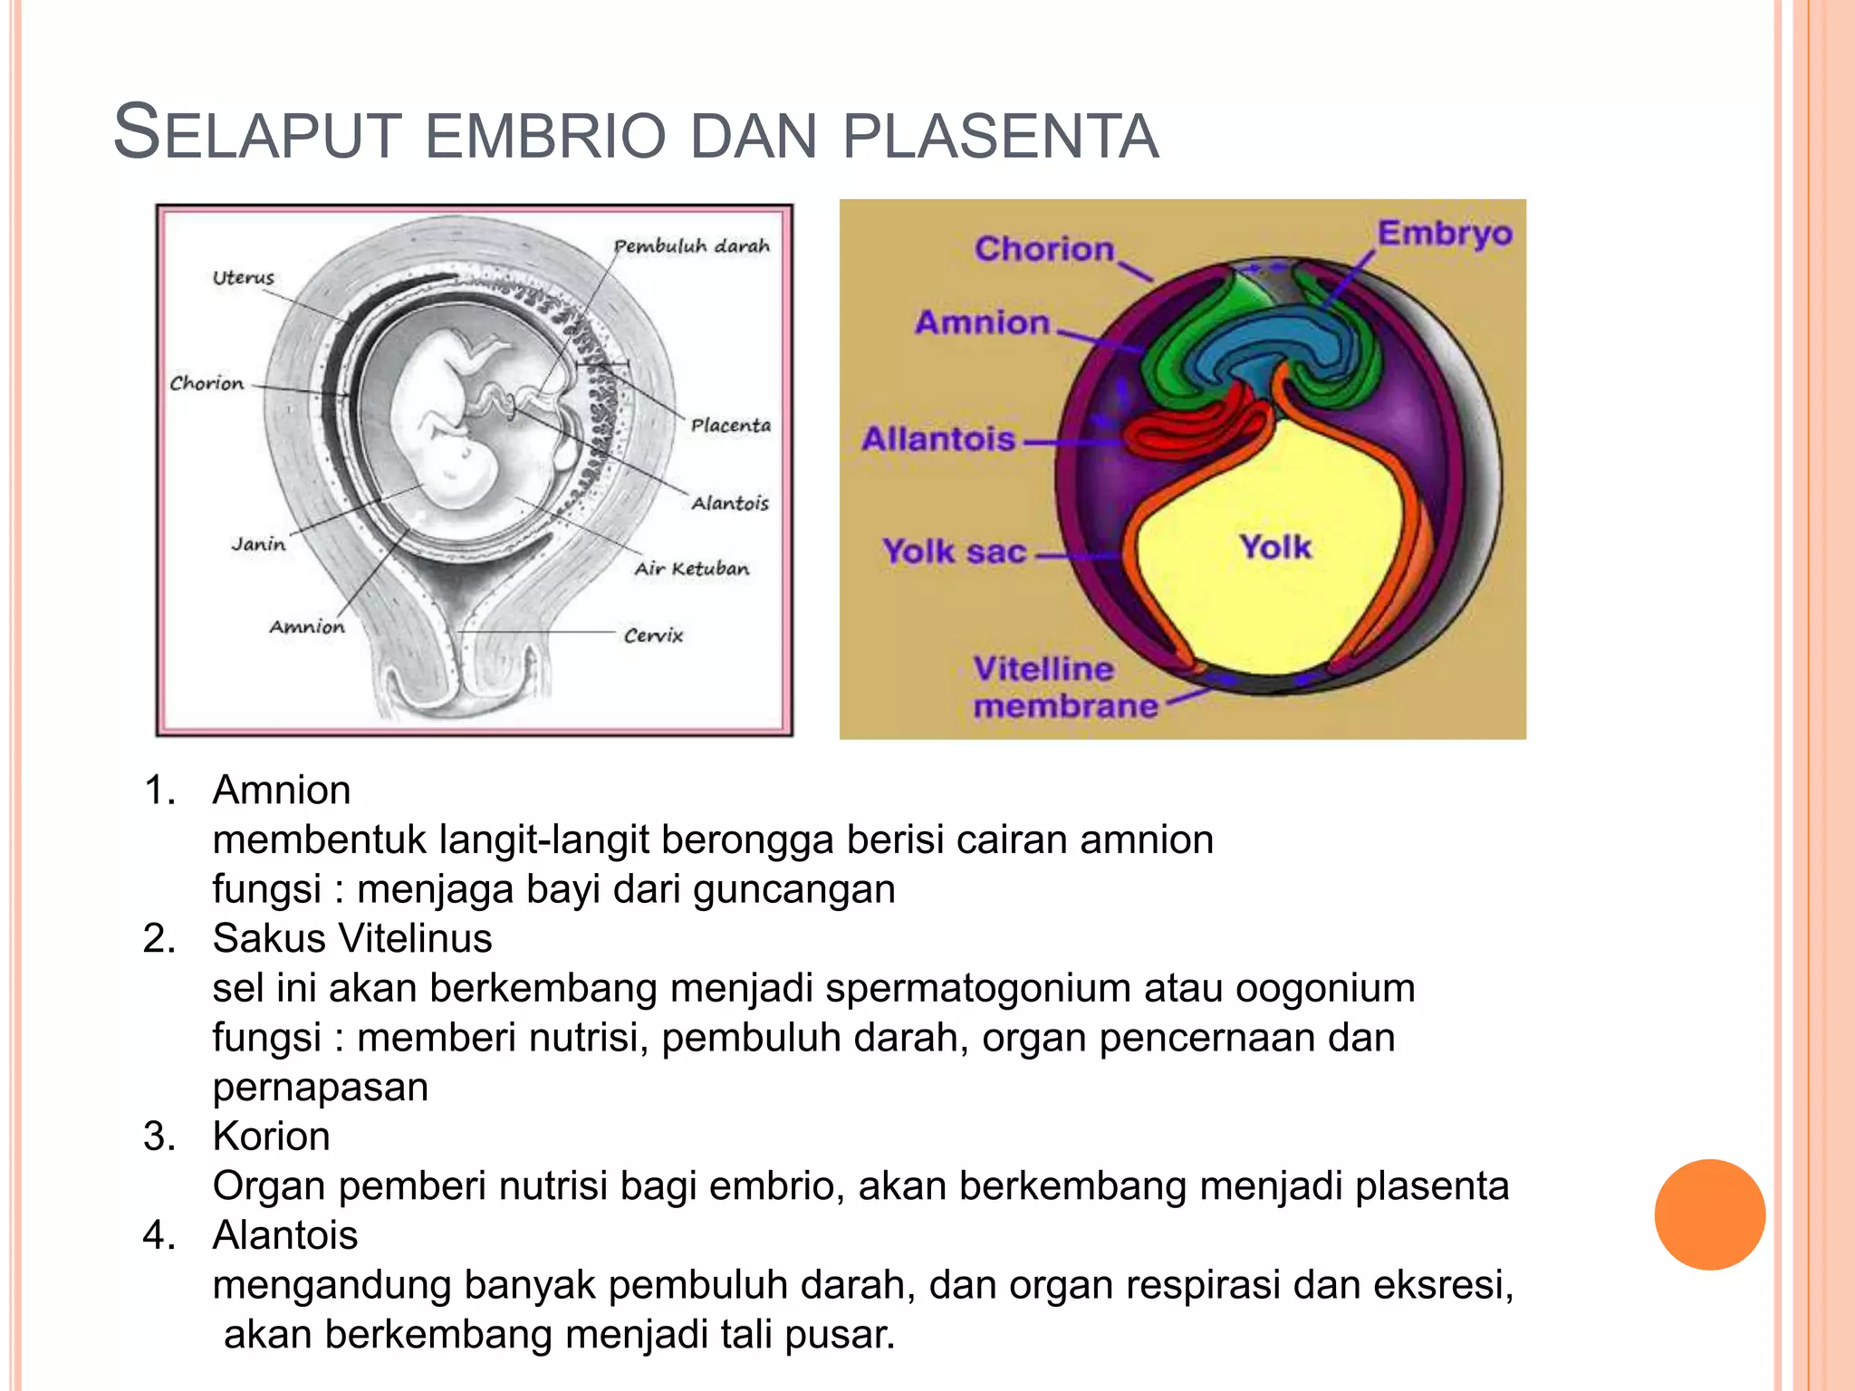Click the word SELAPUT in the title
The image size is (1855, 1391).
(x=256, y=134)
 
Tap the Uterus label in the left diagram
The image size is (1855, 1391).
(x=243, y=278)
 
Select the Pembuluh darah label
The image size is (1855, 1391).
(x=692, y=246)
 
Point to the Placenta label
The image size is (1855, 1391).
(x=730, y=426)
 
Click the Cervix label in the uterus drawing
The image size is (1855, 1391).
(x=653, y=636)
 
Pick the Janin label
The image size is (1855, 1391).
(x=258, y=544)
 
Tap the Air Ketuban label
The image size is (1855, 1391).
(x=692, y=569)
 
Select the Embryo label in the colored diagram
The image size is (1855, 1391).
(x=1445, y=234)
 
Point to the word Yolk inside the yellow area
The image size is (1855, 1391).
(x=1275, y=547)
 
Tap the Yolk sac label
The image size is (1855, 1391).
(x=955, y=552)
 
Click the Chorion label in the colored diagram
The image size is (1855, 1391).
(x=1043, y=249)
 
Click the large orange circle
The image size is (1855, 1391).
(x=1709, y=1214)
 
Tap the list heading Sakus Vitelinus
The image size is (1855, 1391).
(x=352, y=938)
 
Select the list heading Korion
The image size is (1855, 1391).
(x=271, y=1137)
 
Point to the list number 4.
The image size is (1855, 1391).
(x=159, y=1235)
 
